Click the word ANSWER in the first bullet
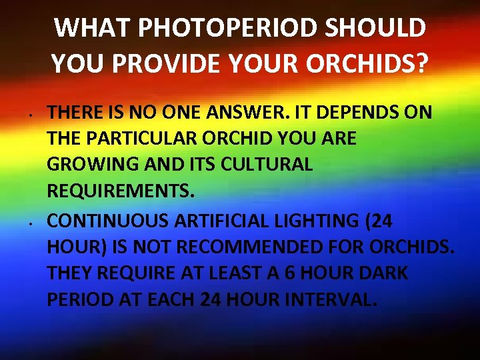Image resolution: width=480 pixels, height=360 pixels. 236,113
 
